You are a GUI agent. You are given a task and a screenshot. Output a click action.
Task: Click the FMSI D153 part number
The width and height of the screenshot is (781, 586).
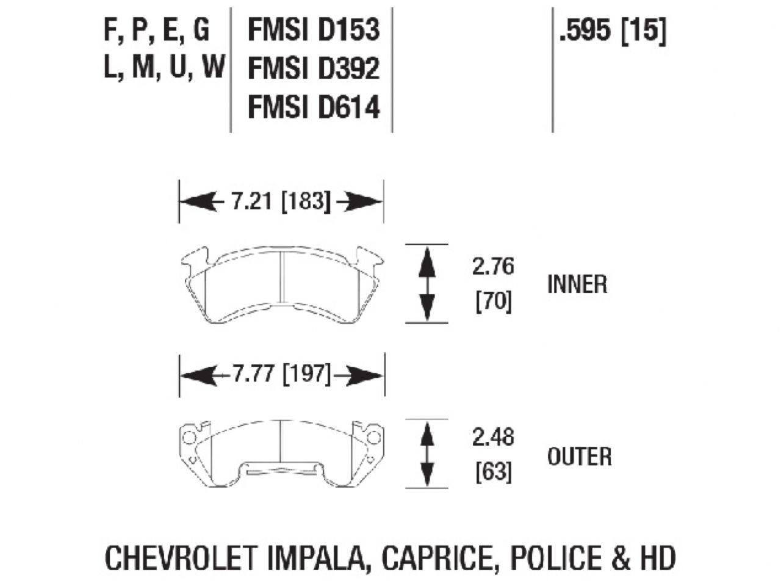[314, 30]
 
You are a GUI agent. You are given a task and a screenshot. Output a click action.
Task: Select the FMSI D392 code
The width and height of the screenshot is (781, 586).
[314, 68]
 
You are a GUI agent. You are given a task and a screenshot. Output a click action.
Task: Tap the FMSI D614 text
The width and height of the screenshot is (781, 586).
[314, 107]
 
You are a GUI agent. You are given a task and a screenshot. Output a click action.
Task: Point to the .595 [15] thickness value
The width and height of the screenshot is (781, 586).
[612, 31]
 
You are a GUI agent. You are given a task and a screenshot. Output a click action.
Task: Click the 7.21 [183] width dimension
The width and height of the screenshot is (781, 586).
[281, 201]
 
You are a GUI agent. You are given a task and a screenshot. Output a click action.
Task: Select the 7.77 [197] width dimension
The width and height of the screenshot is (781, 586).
[281, 374]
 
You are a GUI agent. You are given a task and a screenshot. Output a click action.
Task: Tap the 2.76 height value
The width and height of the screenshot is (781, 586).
[493, 267]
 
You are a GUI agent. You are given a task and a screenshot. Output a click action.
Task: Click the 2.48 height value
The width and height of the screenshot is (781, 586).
[493, 437]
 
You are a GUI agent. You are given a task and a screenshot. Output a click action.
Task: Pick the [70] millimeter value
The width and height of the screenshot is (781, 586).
[493, 302]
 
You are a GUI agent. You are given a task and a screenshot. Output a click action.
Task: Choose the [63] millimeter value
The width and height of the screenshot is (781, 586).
[493, 471]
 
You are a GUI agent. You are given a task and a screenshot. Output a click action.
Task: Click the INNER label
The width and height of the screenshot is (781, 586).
[577, 284]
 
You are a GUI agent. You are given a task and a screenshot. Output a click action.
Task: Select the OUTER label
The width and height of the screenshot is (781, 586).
[579, 456]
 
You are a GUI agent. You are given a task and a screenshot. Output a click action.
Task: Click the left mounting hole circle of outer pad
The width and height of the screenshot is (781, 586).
[189, 437]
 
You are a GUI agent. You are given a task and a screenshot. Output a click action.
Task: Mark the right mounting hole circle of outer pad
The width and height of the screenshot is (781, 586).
[373, 437]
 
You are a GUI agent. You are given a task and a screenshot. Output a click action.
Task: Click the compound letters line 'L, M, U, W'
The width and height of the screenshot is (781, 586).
[164, 67]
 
